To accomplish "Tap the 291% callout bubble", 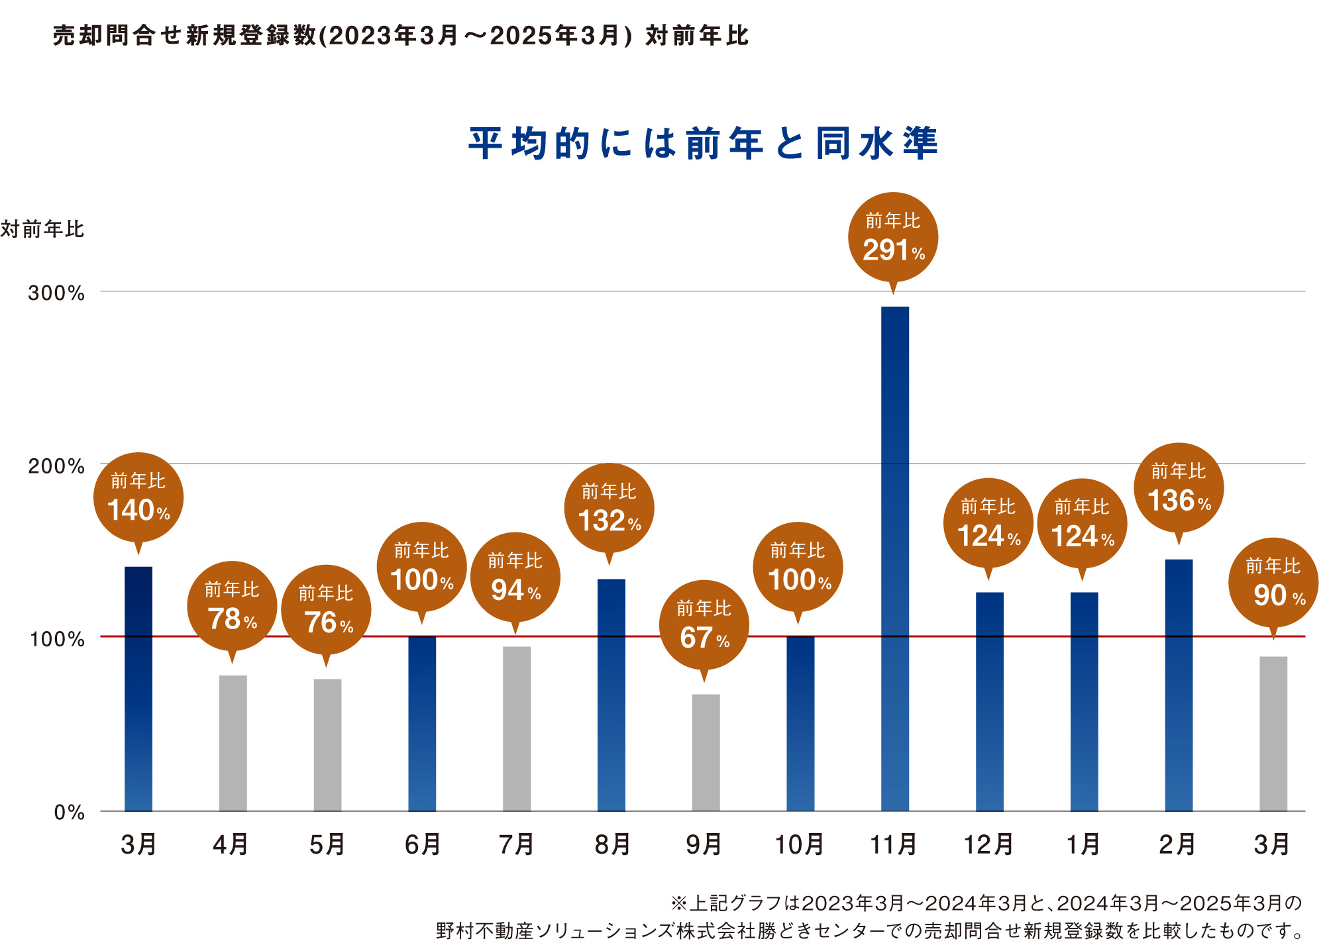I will [893, 237].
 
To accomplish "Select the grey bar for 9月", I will [706, 752].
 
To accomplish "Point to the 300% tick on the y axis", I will [56, 293].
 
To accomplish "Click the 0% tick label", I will [69, 813].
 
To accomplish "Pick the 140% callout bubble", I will [138, 498].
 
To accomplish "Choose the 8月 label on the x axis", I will [611, 845].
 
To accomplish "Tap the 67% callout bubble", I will [704, 625].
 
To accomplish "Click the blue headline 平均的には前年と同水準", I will [704, 143].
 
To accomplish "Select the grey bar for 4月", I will [233, 743].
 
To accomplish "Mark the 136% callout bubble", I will [1179, 488].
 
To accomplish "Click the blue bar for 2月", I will [1179, 685].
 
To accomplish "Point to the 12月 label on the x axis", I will [988, 845].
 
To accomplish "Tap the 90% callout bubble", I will [1273, 583].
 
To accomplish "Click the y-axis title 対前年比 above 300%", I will [42, 229].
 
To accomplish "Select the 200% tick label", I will [56, 466].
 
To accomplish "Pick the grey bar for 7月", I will [517, 728].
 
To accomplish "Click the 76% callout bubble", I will [326, 610].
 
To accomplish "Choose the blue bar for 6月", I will [422, 723].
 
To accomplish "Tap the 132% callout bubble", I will [609, 509].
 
